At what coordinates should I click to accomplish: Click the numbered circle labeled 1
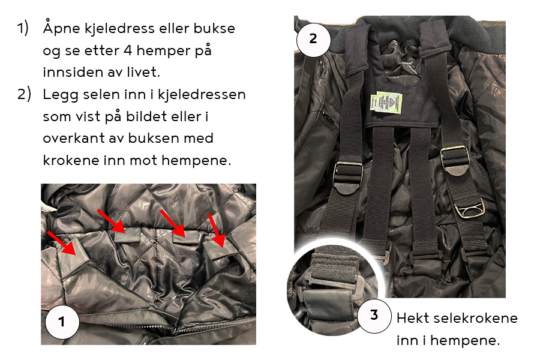[x=62, y=322]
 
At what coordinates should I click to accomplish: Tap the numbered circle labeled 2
[x=313, y=39]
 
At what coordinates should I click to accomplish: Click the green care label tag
[x=386, y=103]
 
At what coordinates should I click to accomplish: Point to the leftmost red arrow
[x=62, y=243]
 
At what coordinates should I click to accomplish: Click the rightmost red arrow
[x=217, y=231]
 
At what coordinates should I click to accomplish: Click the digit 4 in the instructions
[x=128, y=50]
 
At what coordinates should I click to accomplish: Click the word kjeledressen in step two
[x=202, y=95]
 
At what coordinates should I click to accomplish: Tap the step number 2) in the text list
[x=24, y=94]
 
